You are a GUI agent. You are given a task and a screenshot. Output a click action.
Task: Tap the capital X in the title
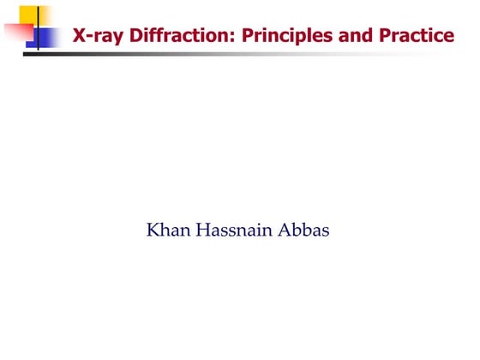click(x=79, y=36)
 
